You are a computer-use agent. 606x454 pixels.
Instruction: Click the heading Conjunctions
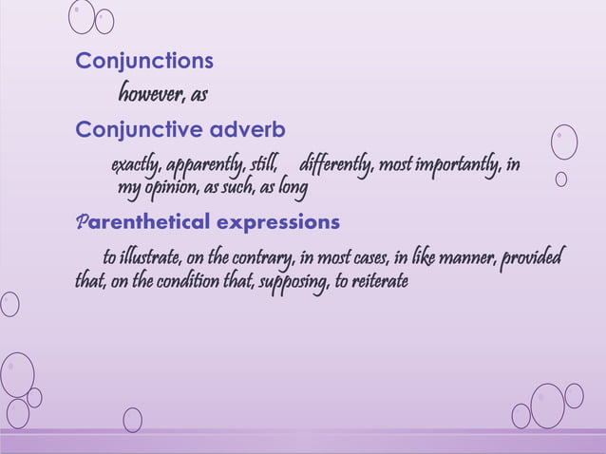pyautogui.click(x=144, y=62)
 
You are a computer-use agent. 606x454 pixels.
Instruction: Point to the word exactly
pyautogui.click(x=136, y=166)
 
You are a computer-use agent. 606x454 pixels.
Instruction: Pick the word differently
pyautogui.click(x=336, y=166)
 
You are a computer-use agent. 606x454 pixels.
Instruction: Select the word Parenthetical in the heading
pyautogui.click(x=142, y=222)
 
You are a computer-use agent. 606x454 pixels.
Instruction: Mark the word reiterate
pyautogui.click(x=376, y=281)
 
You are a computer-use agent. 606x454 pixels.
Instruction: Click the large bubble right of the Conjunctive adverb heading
pyautogui.click(x=564, y=141)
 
